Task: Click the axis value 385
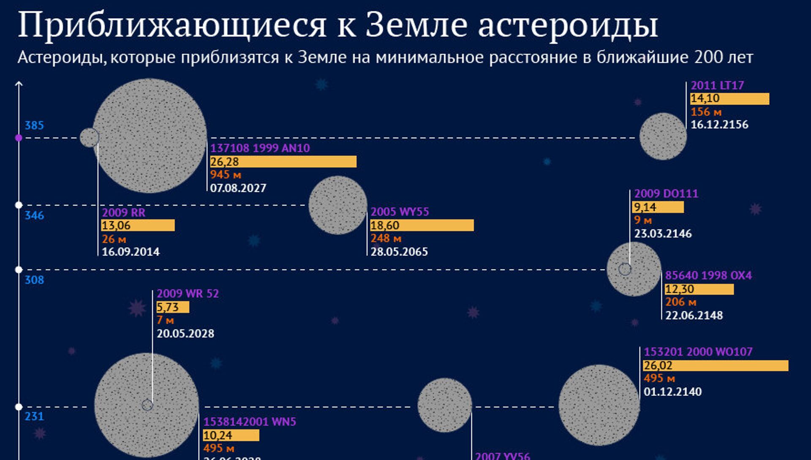[x=34, y=125]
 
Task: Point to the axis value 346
[x=34, y=215]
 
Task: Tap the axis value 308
[x=34, y=280]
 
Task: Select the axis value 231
[x=34, y=416]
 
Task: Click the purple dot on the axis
[x=19, y=138]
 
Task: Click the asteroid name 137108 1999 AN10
[x=260, y=148]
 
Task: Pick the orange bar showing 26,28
[x=283, y=162]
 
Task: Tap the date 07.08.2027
[x=238, y=188]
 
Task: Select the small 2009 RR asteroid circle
[x=89, y=138]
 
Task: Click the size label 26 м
[x=114, y=239]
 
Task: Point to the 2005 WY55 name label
[x=400, y=212]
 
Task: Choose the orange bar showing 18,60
[x=422, y=226]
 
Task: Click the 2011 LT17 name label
[x=717, y=85]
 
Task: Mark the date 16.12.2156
[x=719, y=125]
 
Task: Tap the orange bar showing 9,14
[x=658, y=207]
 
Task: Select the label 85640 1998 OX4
[x=708, y=275]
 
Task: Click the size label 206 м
[x=680, y=302]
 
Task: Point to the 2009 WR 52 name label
[x=188, y=294]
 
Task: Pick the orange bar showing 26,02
[x=716, y=366]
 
